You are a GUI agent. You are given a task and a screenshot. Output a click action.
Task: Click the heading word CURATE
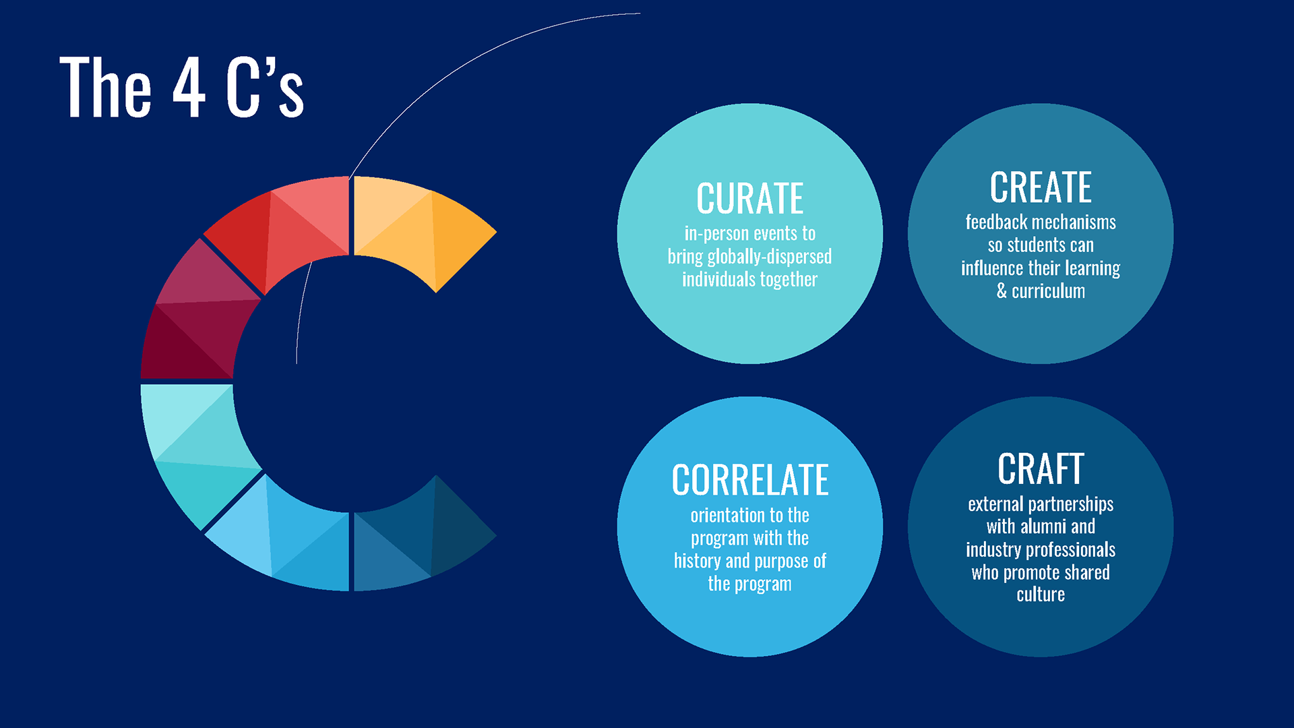point(749,199)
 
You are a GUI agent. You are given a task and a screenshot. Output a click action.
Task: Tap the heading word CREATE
point(1041,187)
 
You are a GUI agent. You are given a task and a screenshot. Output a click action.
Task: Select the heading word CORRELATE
point(750,480)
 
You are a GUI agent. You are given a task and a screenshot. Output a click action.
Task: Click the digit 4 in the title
point(189,87)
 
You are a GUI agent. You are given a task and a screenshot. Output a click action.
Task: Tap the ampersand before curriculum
point(1002,291)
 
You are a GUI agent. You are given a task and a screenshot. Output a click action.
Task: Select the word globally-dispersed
point(769,257)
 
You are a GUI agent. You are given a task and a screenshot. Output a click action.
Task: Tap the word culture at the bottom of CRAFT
point(1041,595)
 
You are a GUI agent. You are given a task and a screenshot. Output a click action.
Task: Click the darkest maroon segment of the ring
point(179,347)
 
